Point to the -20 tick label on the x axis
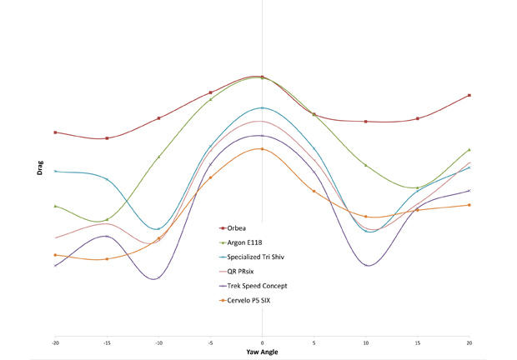55,342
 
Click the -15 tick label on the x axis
107,342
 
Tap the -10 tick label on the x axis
158,342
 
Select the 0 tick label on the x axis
263,342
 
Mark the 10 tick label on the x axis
366,342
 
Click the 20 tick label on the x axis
469,342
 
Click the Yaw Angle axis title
262,352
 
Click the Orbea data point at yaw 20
469,95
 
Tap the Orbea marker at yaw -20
55,132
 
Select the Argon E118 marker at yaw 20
469,150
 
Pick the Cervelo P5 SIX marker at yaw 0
263,149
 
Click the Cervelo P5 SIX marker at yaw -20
55,255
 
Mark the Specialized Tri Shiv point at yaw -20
55,171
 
